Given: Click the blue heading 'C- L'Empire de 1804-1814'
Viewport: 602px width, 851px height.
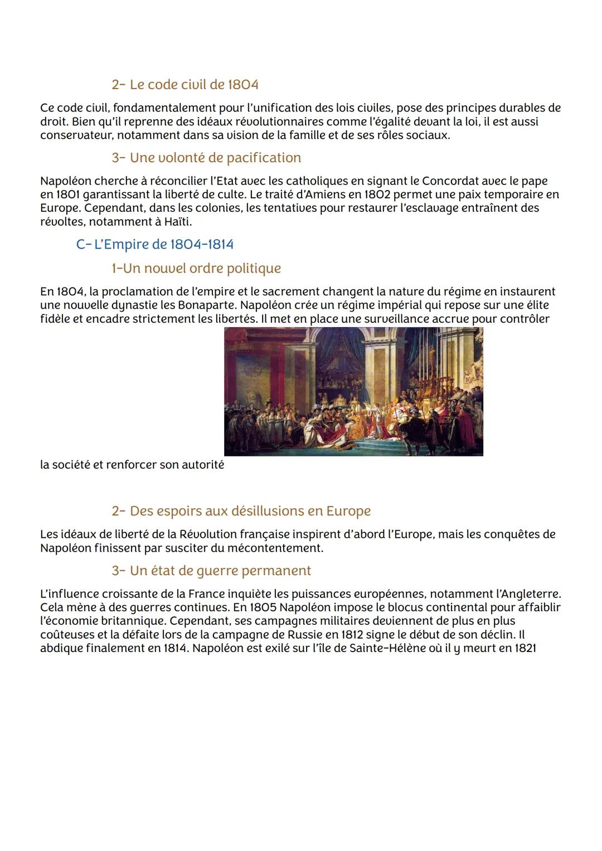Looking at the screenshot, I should (x=154, y=244).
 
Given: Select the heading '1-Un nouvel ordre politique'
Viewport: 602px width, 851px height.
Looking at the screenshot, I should (x=196, y=268).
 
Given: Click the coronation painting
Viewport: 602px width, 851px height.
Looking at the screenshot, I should (x=353, y=391).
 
